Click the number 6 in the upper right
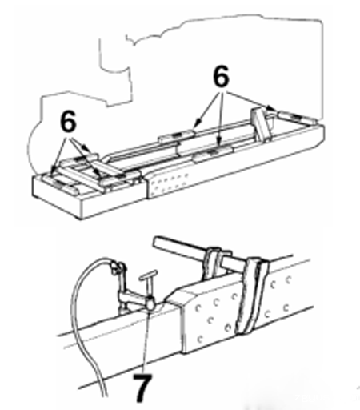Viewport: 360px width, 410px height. point(221,76)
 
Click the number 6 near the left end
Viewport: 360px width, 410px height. point(68,121)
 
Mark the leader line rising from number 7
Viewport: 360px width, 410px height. point(146,342)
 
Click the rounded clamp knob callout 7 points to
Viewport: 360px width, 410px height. point(150,303)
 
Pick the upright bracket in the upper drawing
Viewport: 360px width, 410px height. point(260,123)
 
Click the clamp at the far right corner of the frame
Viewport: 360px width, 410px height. point(295,117)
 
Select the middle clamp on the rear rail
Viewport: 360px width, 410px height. point(177,135)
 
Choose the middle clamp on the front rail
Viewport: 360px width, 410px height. point(213,153)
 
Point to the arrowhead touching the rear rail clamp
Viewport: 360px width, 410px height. point(196,124)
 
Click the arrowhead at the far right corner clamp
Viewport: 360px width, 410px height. point(271,108)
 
